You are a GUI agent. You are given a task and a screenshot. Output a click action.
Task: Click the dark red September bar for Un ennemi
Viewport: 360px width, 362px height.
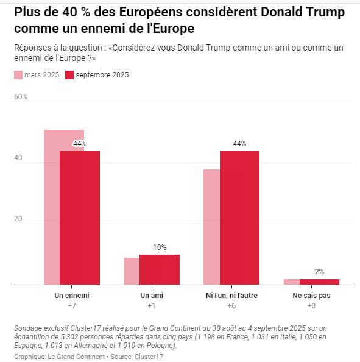pyautogui.click(x=80, y=218)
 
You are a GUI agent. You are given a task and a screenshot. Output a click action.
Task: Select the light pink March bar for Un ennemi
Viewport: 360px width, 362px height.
pyautogui.click(x=52, y=207)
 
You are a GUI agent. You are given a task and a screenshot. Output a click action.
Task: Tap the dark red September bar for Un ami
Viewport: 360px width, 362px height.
pyautogui.click(x=160, y=269)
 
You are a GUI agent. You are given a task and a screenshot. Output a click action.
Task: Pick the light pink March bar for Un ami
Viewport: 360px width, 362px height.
pyautogui.click(x=132, y=271)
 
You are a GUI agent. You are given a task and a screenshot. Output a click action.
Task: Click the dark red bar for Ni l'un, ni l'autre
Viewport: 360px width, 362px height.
pyautogui.click(x=239, y=218)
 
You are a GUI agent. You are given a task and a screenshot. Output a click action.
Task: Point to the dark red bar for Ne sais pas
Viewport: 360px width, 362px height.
pyautogui.click(x=319, y=282)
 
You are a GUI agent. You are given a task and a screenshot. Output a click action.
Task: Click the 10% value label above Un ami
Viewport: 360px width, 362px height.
pyautogui.click(x=160, y=247)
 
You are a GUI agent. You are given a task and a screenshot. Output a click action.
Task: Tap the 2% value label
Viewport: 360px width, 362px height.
pyautogui.click(x=319, y=272)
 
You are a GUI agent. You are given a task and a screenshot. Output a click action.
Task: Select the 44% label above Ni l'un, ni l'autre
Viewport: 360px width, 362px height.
pyautogui.click(x=239, y=144)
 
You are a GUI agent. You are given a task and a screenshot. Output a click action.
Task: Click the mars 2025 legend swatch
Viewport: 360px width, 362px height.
pyautogui.click(x=18, y=75)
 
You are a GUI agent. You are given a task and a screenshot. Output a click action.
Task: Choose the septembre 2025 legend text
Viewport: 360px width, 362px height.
pyautogui.click(x=102, y=75)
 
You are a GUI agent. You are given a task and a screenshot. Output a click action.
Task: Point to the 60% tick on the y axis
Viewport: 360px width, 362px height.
pyautogui.click(x=21, y=97)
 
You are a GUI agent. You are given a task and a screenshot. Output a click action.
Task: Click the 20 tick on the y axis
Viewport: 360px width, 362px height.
pyautogui.click(x=18, y=219)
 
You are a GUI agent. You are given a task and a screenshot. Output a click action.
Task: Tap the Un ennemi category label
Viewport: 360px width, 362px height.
pyautogui.click(x=72, y=296)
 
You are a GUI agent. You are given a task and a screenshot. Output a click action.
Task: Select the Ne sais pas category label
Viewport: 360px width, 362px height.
pyautogui.click(x=311, y=296)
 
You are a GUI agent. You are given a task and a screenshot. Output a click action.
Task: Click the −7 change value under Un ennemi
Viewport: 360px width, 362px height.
pyautogui.click(x=72, y=306)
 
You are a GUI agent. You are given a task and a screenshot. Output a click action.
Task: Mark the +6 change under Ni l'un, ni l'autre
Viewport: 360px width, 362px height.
pyautogui.click(x=231, y=306)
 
